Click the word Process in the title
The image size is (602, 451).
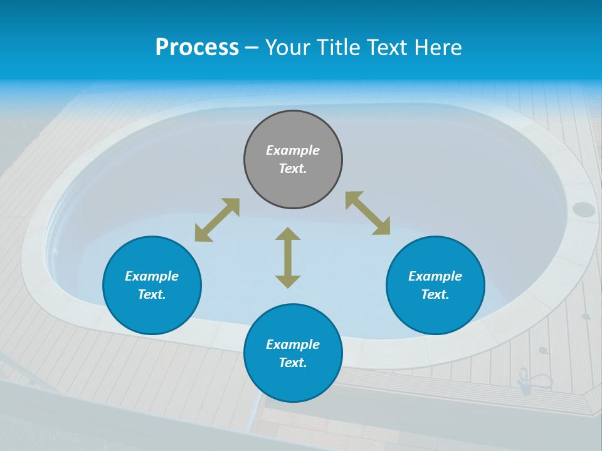pyautogui.click(x=197, y=48)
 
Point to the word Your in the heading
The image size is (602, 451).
pyautogui.click(x=289, y=48)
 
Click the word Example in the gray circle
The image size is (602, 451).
pyautogui.click(x=293, y=150)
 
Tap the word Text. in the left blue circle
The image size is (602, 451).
pyautogui.click(x=152, y=294)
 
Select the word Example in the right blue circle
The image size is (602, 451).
pyautogui.click(x=435, y=276)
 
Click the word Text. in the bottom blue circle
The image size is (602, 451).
pyautogui.click(x=293, y=363)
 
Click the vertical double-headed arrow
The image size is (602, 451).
pyautogui.click(x=288, y=257)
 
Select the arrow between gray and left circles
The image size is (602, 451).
pyautogui.click(x=217, y=220)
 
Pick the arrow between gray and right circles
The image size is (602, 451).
pyautogui.click(x=367, y=213)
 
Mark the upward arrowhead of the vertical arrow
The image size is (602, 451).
pyautogui.click(x=288, y=234)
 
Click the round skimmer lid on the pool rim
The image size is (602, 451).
pyautogui.click(x=584, y=209)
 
